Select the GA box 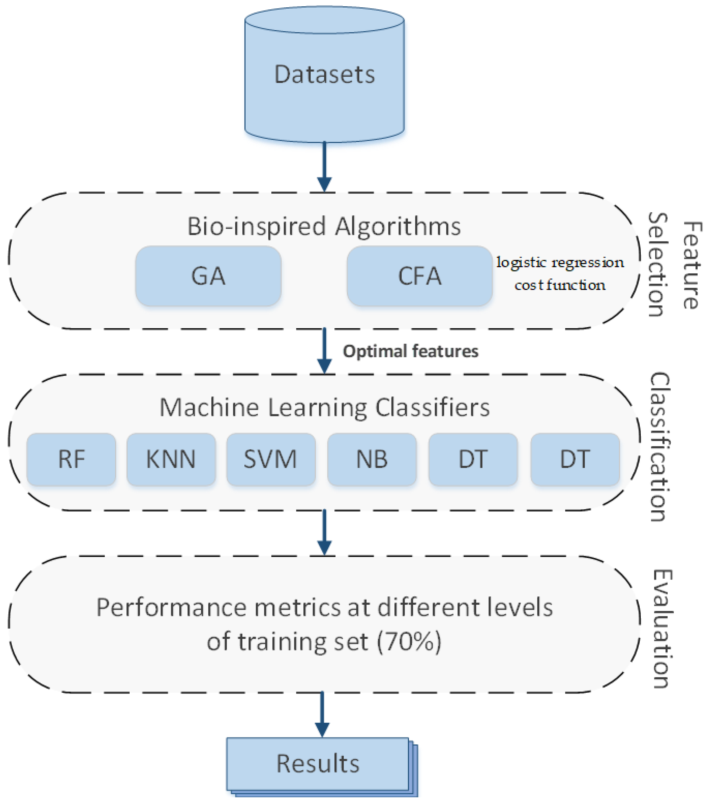tap(208, 276)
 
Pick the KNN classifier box tap(171, 459)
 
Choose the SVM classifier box tap(271, 459)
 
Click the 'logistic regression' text tap(560, 262)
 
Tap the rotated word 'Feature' tap(692, 265)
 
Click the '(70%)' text tap(409, 642)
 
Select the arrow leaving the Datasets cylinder tap(324, 167)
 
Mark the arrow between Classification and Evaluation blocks tap(324, 532)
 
